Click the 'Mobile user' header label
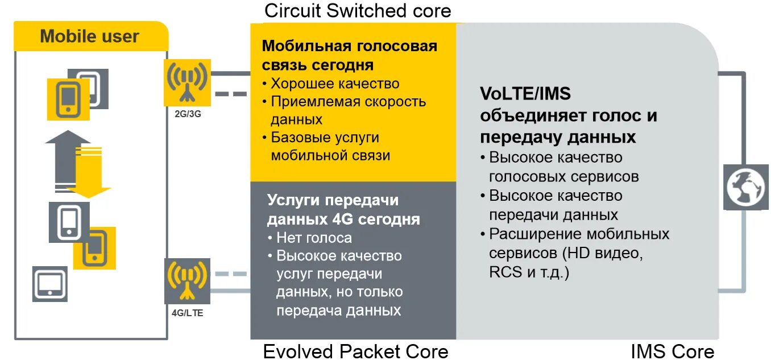[x=89, y=36]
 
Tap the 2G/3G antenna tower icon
[x=187, y=82]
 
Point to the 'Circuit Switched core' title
[x=358, y=10]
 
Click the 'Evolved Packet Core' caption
[x=355, y=351]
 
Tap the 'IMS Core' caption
[x=672, y=351]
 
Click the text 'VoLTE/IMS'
[x=525, y=94]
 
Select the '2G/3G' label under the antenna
[x=188, y=114]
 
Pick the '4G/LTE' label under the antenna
[x=187, y=313]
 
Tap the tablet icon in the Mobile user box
[x=49, y=283]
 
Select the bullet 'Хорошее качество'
[x=335, y=84]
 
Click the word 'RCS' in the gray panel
[x=505, y=272]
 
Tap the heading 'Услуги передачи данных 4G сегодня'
[x=343, y=210]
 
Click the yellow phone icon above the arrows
[x=68, y=98]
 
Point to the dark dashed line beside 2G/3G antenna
[x=230, y=94]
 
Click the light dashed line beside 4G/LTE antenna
[x=230, y=274]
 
